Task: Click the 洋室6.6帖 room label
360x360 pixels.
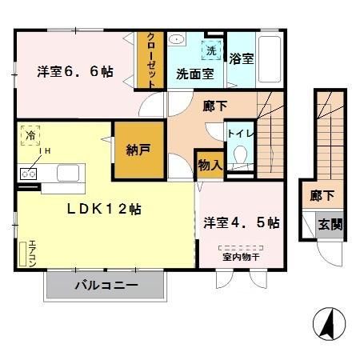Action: click(x=74, y=71)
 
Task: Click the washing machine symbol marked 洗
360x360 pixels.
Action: click(x=210, y=50)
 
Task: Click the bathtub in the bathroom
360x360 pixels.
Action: click(x=270, y=58)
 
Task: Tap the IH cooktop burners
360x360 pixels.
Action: click(x=30, y=171)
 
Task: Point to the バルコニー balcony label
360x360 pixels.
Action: click(x=106, y=285)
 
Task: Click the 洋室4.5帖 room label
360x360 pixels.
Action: click(x=241, y=222)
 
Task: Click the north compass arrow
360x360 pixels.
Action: click(x=328, y=324)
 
